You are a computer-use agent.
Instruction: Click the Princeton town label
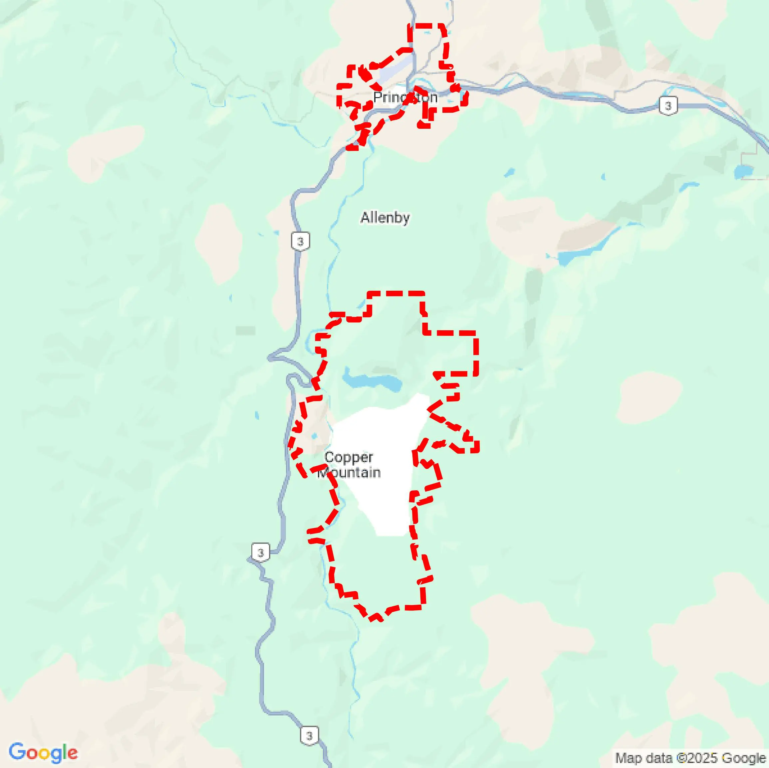click(405, 97)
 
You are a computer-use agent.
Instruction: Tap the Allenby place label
click(385, 218)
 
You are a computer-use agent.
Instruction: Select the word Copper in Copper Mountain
click(349, 457)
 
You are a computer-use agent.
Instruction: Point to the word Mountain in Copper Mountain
click(350, 473)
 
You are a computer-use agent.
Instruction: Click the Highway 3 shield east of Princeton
click(668, 106)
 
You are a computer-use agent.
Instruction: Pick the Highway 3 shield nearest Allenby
click(300, 241)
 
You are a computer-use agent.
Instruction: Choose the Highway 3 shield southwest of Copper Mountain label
click(261, 552)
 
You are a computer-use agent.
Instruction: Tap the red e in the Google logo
click(72, 753)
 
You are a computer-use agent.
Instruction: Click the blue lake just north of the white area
click(372, 381)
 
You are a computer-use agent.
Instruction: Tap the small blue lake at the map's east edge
click(743, 171)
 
